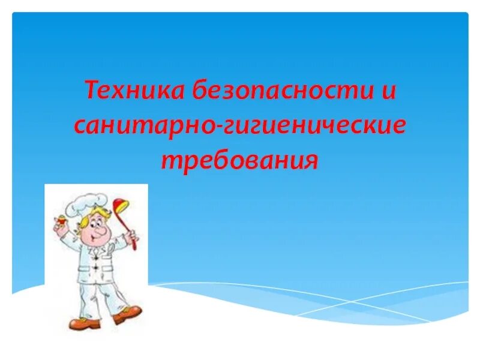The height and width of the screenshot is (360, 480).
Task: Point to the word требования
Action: [239, 160]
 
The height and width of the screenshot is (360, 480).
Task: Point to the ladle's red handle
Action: [131, 232]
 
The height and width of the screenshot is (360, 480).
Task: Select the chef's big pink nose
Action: [98, 230]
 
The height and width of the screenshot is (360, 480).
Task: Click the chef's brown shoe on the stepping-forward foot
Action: [128, 313]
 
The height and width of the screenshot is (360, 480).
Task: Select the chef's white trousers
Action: [96, 294]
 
